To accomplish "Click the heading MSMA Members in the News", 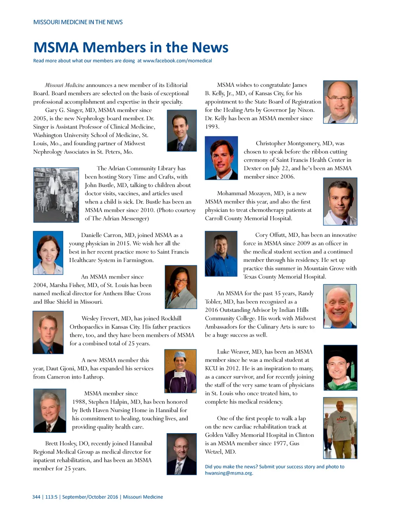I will point(131,48).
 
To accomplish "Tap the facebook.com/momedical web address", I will point(177,61).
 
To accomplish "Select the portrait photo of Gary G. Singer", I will point(181,131).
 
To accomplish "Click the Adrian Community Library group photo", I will point(56,195).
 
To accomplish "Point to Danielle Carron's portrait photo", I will point(48,253).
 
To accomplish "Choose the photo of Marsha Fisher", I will point(181,287).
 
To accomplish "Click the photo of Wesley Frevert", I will point(48,332).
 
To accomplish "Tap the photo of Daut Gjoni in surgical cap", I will point(180,371).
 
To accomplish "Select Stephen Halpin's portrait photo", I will point(50,411).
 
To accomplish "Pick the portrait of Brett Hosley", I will point(181,454).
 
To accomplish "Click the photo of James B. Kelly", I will point(340,102).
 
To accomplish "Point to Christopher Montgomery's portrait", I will point(221,158).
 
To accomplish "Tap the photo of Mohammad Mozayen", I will point(340,201).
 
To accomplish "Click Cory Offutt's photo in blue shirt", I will point(221,253).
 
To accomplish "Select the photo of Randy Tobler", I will point(340,306).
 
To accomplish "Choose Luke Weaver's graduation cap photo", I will point(340,367).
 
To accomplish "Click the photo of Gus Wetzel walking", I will point(340,428).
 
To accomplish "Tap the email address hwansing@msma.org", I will point(229,473).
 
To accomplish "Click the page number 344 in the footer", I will point(36,497).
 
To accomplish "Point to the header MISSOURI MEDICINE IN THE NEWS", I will point(78,22).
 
